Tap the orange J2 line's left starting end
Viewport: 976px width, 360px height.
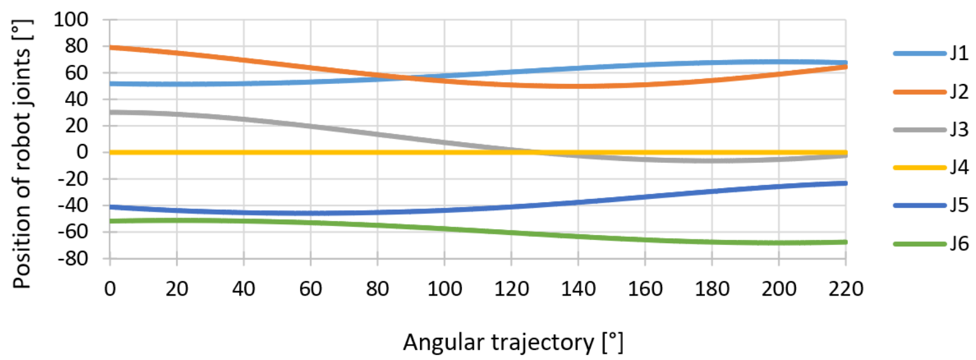point(111,47)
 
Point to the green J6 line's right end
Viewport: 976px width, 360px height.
point(845,242)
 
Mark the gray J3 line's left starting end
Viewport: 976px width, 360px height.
point(111,112)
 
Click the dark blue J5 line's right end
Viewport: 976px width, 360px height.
point(845,183)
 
